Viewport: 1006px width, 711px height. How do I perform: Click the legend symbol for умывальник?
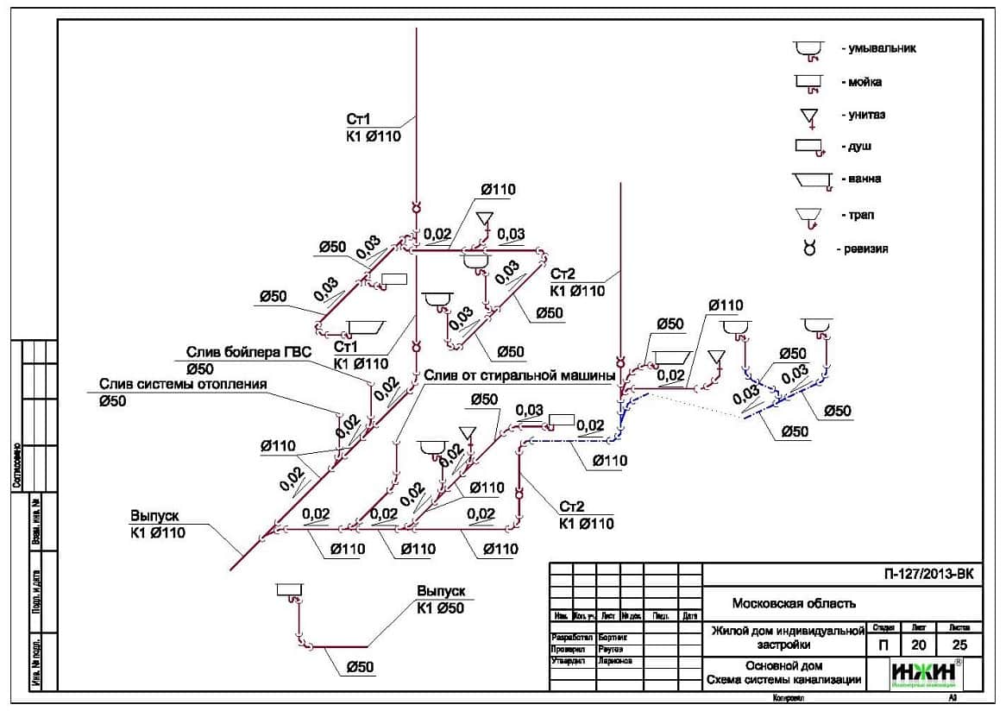coord(809,50)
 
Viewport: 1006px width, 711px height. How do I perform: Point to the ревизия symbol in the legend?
coord(809,249)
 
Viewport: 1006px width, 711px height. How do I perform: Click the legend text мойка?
coord(863,82)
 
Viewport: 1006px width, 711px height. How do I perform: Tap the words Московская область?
coord(794,603)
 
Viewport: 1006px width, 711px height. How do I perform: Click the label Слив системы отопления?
coord(183,384)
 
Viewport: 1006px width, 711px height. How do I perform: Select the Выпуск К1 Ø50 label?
coord(441,600)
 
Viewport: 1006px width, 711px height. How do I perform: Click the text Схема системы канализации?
coord(783,680)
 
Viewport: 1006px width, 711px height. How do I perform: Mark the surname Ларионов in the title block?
coord(614,661)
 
